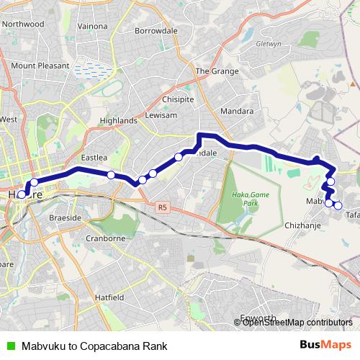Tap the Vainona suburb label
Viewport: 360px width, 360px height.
pos(92,26)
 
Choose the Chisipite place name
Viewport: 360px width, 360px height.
pos(178,99)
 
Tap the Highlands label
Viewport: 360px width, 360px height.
pos(119,120)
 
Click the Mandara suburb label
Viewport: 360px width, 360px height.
pos(238,112)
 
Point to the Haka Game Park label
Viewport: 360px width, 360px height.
pos(249,199)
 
